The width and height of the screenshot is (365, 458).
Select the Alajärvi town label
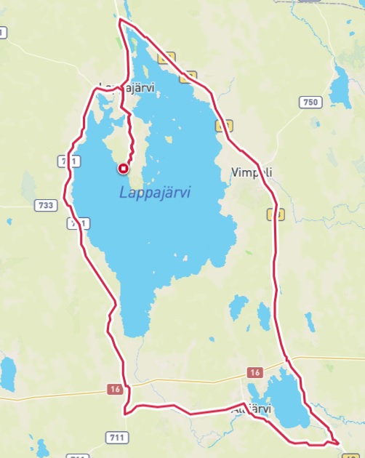coord(251,409)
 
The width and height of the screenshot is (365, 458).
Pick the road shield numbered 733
coord(45,206)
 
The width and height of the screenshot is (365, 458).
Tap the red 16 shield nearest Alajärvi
coord(253,372)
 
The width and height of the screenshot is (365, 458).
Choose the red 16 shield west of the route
coord(115,390)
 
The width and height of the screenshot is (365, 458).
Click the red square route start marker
coord(123,169)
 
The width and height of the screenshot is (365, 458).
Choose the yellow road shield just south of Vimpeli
coord(275,214)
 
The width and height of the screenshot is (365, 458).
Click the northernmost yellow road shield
coord(169,57)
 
